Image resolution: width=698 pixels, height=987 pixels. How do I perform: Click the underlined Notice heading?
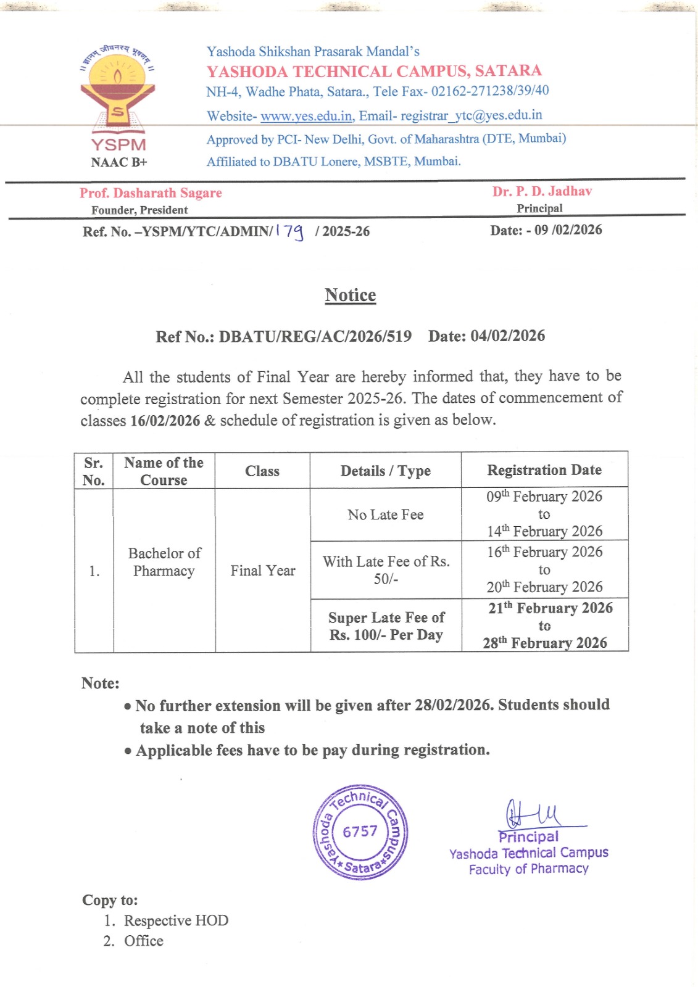click(350, 295)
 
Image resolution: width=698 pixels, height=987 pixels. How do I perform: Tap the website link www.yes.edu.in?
click(306, 116)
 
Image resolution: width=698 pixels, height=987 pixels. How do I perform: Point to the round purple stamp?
click(360, 832)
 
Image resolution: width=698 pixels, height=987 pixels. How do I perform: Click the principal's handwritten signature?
click(533, 814)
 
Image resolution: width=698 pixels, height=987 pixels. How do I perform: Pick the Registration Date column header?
click(544, 470)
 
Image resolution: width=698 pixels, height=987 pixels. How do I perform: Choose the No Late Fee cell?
click(386, 514)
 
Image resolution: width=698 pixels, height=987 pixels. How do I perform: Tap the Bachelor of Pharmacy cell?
click(164, 562)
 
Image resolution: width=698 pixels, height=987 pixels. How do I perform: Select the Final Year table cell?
click(263, 571)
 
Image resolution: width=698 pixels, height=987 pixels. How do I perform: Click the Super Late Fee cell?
click(386, 626)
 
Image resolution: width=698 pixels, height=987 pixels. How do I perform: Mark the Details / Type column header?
click(386, 471)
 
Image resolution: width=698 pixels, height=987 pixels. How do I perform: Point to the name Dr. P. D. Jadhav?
click(542, 191)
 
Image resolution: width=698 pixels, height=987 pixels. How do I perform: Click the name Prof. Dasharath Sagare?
click(151, 193)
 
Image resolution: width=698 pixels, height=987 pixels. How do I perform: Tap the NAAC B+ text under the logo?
click(119, 162)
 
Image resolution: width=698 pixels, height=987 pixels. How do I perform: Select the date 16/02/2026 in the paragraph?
click(165, 421)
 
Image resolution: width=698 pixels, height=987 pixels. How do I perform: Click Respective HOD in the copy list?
click(176, 920)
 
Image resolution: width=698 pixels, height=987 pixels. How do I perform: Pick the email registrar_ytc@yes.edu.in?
click(472, 115)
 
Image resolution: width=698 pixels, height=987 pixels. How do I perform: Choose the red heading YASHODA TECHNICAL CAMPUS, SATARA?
click(374, 71)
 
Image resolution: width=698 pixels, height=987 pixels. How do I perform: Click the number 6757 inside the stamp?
click(360, 832)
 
